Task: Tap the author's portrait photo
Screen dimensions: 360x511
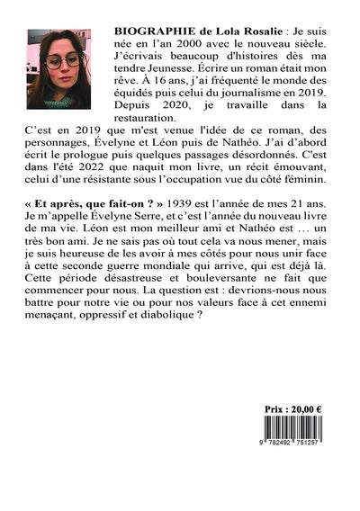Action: (x=58, y=68)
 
